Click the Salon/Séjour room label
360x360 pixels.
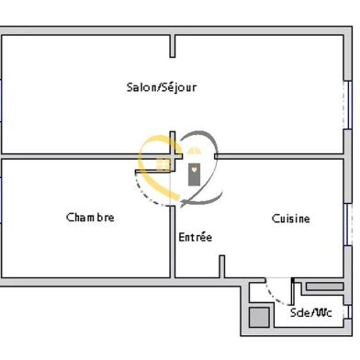pos(162,88)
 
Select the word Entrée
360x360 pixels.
pos(195,237)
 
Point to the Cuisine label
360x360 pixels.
pos(290,219)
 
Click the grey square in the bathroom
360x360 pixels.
pos(260,317)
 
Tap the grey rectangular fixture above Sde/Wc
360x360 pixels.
pos(323,287)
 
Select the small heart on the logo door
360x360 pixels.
pos(194,168)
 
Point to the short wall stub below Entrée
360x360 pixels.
pos(221,265)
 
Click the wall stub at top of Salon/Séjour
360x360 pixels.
pos(172,46)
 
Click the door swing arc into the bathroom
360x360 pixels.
pos(276,292)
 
